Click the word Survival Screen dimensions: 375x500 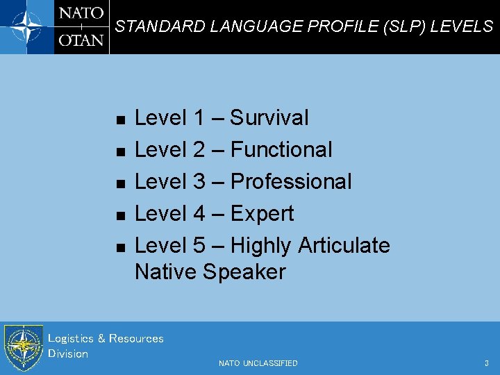coord(269,118)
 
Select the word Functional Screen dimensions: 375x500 coord(281,150)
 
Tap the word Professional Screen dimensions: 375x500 coord(291,182)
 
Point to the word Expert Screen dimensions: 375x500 coord(262,214)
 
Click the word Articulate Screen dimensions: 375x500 coord(344,246)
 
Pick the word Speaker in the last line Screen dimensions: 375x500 coord(244,272)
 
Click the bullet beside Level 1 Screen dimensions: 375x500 coord(120,120)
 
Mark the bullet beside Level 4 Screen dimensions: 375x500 coord(120,216)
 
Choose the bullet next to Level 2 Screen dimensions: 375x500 coord(120,152)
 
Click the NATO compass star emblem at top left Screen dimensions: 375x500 coord(26,26)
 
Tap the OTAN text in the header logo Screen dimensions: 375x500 coord(81,40)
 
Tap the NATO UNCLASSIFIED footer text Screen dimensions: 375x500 coord(258,363)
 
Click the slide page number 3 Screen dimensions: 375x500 coord(486,363)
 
